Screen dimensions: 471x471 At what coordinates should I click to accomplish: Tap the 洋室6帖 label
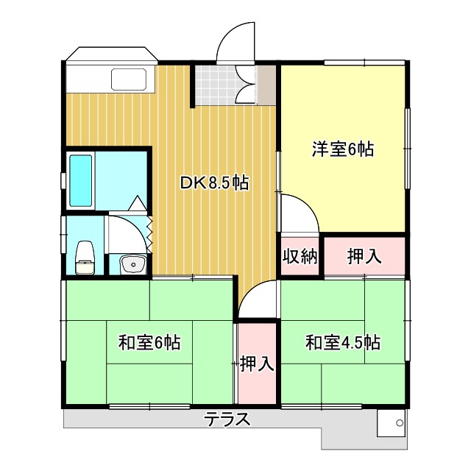[342, 149]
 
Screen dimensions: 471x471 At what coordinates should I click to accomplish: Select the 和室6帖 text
[149, 342]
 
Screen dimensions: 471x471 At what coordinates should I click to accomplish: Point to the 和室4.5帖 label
[342, 342]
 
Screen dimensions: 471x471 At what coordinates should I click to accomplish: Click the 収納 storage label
[300, 256]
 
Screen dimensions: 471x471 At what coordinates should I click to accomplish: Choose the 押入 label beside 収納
[364, 256]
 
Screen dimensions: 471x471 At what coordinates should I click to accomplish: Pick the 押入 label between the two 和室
[257, 364]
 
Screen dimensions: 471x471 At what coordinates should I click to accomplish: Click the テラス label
[227, 421]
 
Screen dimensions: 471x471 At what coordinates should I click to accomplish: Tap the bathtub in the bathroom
[81, 180]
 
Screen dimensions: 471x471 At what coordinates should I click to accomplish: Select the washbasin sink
[133, 263]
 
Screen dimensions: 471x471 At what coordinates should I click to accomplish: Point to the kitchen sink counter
[130, 79]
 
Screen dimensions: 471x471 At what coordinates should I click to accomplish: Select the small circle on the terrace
[400, 423]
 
